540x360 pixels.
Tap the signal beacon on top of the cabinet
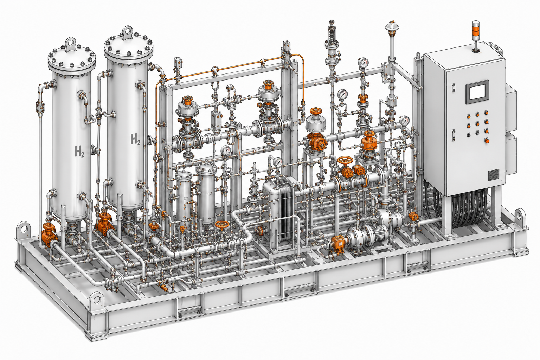tap(476, 36)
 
